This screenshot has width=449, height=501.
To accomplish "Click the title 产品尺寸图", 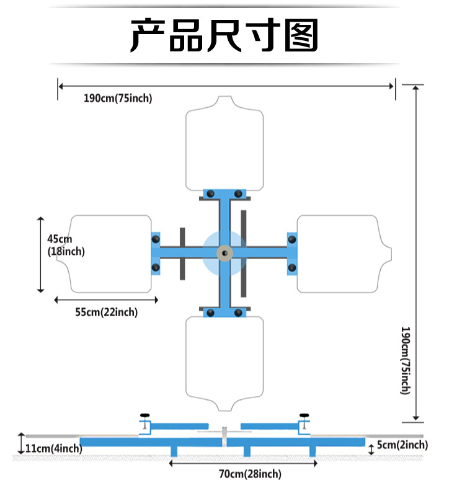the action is [224, 35].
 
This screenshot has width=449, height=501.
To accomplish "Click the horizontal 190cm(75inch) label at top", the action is [118, 98].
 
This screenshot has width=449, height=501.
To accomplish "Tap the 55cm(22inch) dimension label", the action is [107, 313].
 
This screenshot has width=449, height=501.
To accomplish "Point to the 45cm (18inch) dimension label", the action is [66, 246].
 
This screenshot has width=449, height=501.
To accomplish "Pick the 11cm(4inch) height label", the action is [53, 448].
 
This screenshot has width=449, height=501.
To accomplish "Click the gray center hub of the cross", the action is [223, 252].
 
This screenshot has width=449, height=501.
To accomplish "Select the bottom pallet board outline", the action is [224, 363].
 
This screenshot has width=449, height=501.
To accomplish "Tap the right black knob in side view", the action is [304, 416].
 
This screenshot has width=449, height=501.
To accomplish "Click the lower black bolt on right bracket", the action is [291, 268].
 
